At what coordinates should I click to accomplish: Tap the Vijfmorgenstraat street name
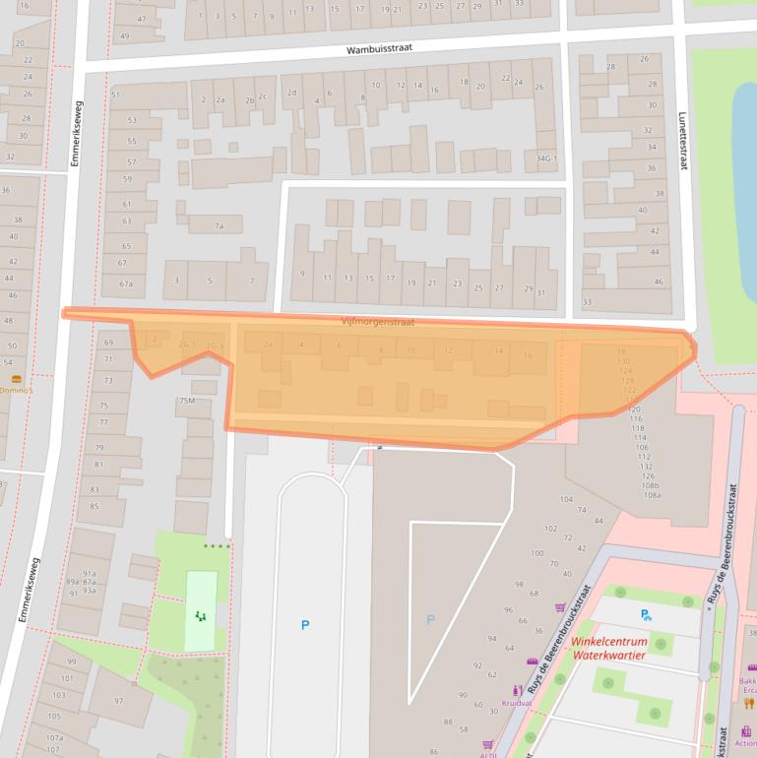(378, 322)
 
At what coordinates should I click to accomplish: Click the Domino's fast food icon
(16, 379)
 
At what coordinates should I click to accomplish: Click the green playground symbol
(201, 617)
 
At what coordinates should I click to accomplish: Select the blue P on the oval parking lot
(304, 624)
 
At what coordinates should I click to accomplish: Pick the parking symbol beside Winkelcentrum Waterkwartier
(646, 615)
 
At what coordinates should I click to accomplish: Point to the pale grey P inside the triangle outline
(429, 619)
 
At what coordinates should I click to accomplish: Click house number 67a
(125, 284)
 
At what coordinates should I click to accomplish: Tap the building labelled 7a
(221, 226)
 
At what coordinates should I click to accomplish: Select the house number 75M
(187, 401)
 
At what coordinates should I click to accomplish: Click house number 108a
(651, 495)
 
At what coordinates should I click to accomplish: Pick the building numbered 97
(118, 700)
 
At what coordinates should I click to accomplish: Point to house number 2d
(291, 93)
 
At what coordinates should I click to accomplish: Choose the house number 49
(124, 35)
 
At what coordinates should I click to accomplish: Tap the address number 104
(566, 499)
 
